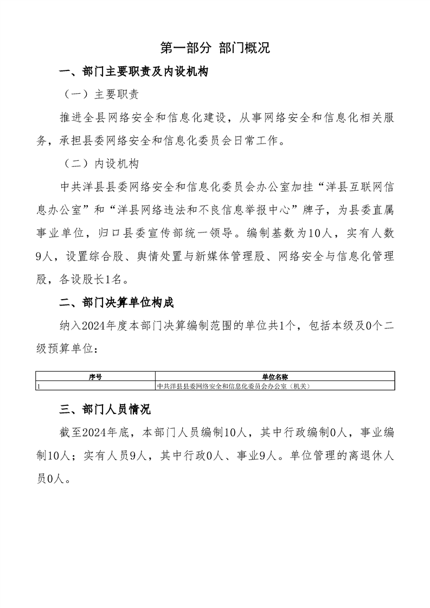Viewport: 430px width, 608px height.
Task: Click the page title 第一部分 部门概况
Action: coord(215,48)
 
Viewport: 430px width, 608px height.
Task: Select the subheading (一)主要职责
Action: coord(101,94)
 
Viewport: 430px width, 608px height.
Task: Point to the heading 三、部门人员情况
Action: coord(105,409)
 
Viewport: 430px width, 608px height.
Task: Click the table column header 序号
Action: coord(95,376)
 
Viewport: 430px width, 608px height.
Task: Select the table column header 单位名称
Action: coord(274,376)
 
